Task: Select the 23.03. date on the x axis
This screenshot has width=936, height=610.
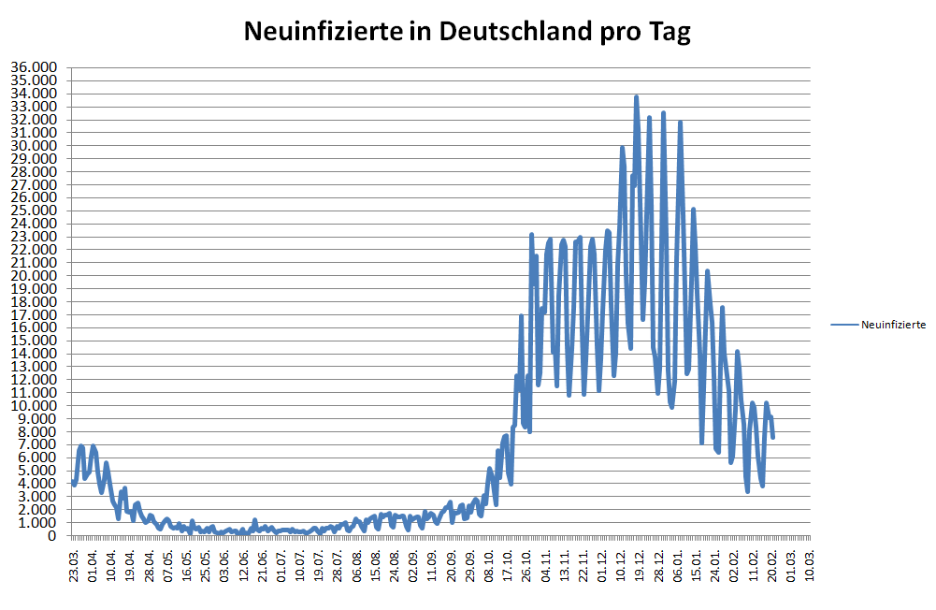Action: [x=74, y=567]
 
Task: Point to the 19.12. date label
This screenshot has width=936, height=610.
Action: [x=640, y=567]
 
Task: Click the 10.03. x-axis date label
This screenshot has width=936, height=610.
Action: [x=810, y=567]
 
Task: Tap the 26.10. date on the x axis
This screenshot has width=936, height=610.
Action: [x=526, y=567]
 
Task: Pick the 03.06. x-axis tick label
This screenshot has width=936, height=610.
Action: [x=224, y=567]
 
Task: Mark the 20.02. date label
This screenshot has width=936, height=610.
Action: [x=772, y=567]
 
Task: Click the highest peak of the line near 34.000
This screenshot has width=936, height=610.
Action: [x=636, y=96]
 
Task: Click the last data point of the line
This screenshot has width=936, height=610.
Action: [x=773, y=437]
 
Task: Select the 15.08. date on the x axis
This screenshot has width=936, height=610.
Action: [x=375, y=567]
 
